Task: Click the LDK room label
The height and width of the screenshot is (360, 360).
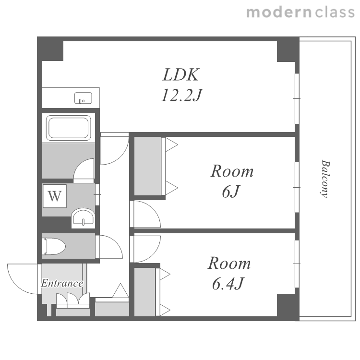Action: pos(180,74)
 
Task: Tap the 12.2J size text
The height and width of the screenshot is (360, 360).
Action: pos(181,95)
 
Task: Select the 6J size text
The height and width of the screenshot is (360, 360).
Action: pos(231,192)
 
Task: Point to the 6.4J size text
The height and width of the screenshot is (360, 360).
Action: pos(228,284)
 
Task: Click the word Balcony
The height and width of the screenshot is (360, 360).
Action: pos(325,179)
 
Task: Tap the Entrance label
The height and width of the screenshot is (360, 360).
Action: pos(62,283)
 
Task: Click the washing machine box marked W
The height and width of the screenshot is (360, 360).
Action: pos(55,196)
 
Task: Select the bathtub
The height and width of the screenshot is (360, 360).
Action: pos(69,128)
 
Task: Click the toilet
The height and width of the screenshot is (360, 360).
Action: pos(54,246)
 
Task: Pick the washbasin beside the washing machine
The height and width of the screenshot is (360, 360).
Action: pos(83,218)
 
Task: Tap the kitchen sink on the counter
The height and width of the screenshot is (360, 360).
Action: pos(83,98)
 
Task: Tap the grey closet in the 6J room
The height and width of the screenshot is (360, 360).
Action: pos(147,166)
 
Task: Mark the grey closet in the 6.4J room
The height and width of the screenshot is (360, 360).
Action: pos(144,292)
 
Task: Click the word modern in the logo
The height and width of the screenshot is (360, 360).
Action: pos(279,12)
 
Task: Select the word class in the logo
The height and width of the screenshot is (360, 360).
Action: pos(335,12)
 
